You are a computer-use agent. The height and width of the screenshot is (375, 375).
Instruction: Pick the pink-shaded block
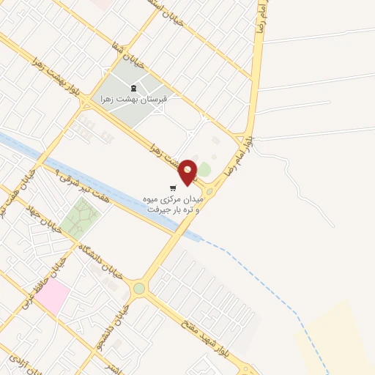pos(53,296)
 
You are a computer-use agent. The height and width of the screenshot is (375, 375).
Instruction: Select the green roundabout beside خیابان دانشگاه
pos(139,289)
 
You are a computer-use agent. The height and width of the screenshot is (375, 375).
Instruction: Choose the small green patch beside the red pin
pos(204,170)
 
